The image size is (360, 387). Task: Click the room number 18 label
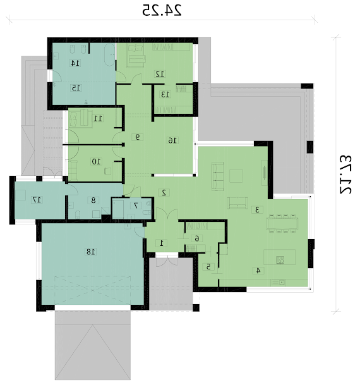(x=90, y=252)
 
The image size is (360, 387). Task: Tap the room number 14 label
(x=75, y=63)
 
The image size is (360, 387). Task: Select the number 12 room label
(x=160, y=73)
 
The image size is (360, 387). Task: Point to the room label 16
(x=173, y=140)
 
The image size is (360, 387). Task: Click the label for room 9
(x=138, y=137)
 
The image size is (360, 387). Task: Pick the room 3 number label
(x=257, y=209)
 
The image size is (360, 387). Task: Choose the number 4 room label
(x=258, y=271)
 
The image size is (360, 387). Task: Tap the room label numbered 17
(x=37, y=200)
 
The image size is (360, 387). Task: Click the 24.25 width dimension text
(x=162, y=11)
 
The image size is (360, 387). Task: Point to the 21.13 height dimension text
(x=346, y=175)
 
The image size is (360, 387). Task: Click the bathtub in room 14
(x=109, y=55)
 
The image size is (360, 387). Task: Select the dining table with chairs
(x=282, y=224)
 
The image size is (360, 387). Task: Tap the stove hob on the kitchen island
(x=280, y=260)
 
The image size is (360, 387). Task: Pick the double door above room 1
(x=167, y=214)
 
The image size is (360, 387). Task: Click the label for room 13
(x=165, y=94)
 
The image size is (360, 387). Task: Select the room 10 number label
(x=97, y=162)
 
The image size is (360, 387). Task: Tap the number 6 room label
(x=197, y=238)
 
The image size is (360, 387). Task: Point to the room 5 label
(x=208, y=267)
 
